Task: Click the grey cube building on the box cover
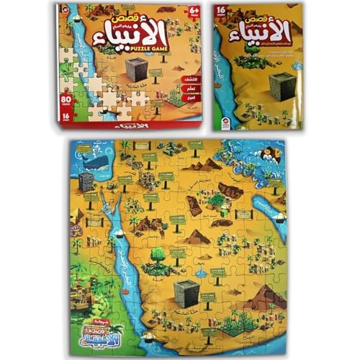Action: (137, 70)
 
